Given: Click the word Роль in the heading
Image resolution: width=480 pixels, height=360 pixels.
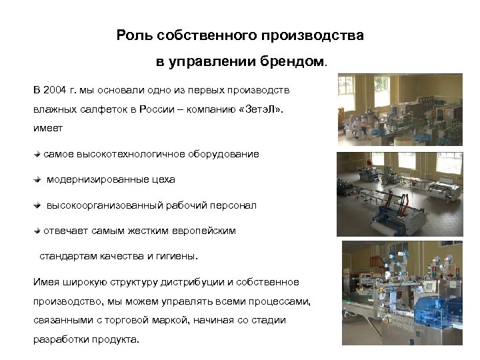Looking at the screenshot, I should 132,35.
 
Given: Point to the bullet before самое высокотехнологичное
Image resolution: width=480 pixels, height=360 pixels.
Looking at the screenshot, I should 37,154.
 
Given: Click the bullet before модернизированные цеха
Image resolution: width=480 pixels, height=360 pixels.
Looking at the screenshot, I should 37,179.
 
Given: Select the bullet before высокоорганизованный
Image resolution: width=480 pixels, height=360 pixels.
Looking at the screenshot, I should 37,205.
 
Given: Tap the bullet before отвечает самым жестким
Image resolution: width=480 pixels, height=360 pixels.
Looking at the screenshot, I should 37,231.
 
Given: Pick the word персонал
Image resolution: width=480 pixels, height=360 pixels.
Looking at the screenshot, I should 233,205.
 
